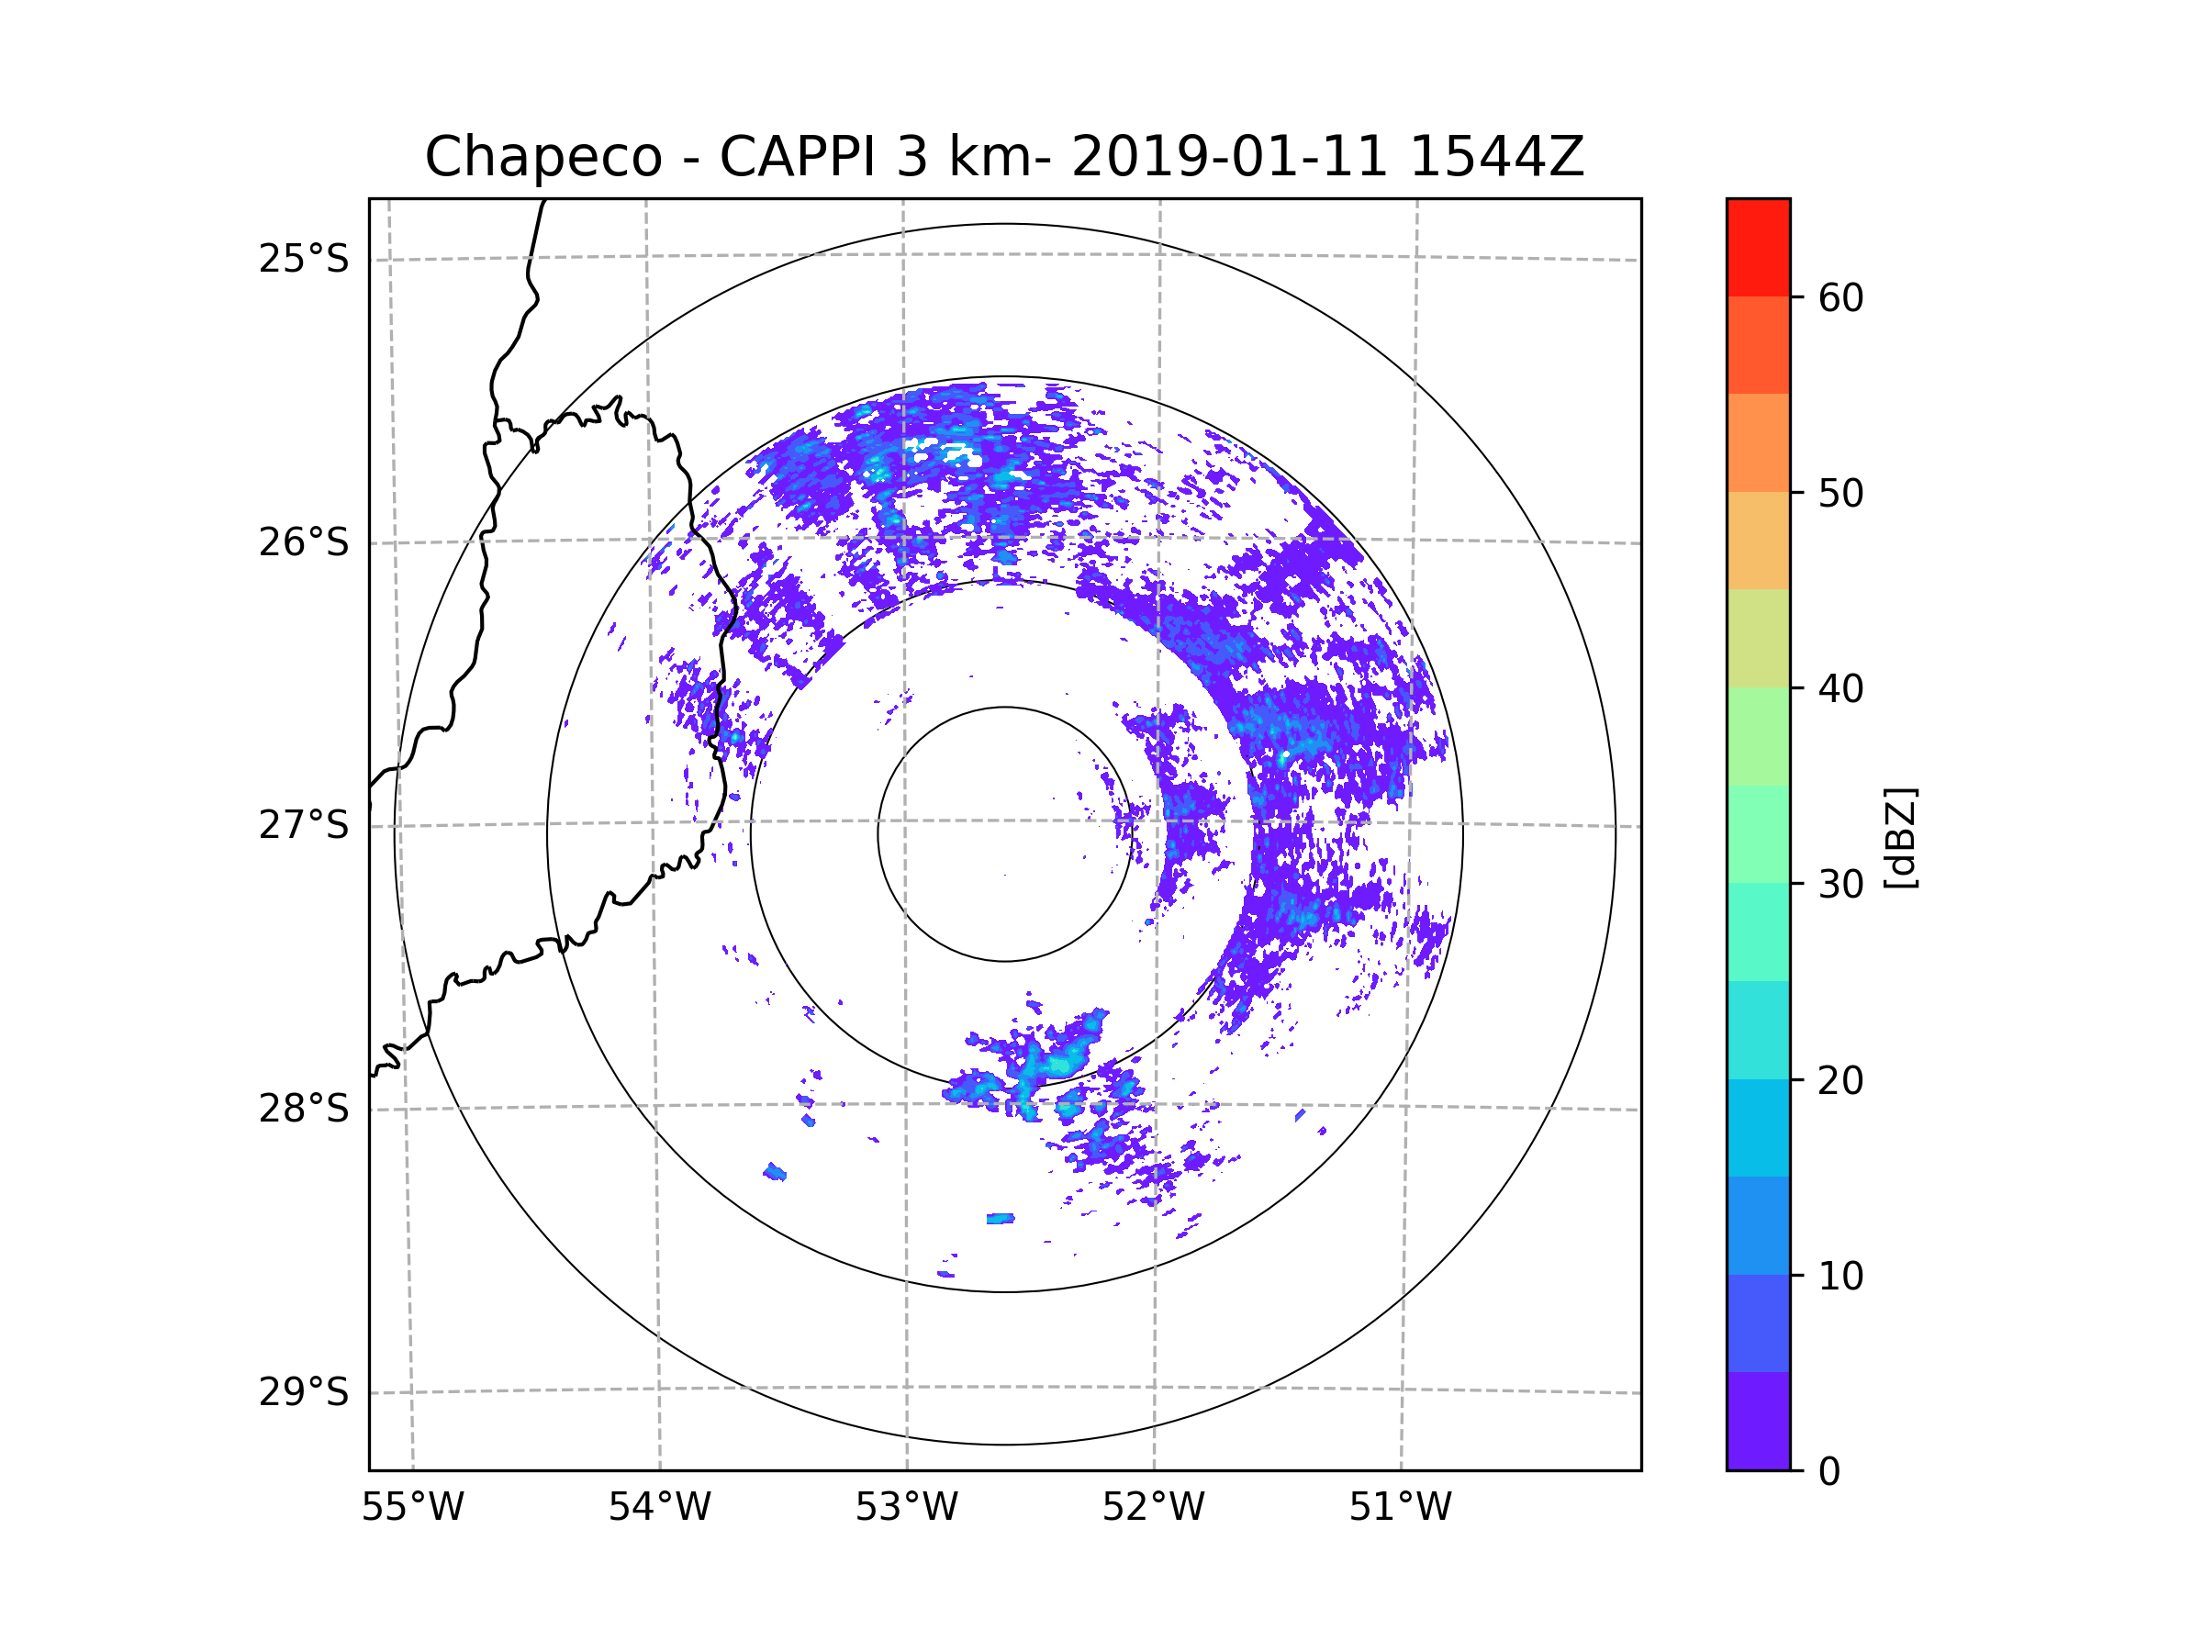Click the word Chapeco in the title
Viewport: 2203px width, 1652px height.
(x=542, y=157)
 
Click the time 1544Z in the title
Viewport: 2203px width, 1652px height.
(x=1496, y=157)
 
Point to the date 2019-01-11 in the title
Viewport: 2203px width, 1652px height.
(x=1229, y=157)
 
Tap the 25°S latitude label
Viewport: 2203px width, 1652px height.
(x=304, y=259)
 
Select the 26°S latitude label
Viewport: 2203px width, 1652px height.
(x=304, y=542)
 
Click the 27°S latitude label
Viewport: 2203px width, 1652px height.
(x=304, y=825)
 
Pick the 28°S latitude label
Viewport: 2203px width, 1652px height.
(x=304, y=1109)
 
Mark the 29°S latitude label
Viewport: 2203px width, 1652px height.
(x=304, y=1392)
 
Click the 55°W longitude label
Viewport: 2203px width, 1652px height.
(x=412, y=1508)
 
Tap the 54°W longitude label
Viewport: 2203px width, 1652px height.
(x=659, y=1508)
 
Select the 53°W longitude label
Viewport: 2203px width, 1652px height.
(x=906, y=1508)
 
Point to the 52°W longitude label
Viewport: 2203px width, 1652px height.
(x=1153, y=1508)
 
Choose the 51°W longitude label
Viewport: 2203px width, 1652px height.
(x=1400, y=1508)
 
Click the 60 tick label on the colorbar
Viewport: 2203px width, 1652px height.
(x=1840, y=297)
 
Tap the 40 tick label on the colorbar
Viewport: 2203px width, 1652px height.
(x=1840, y=689)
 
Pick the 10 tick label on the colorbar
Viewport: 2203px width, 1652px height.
(x=1840, y=1276)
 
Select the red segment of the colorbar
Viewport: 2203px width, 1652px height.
(x=1758, y=247)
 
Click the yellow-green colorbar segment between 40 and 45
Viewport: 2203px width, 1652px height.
(x=1758, y=638)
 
